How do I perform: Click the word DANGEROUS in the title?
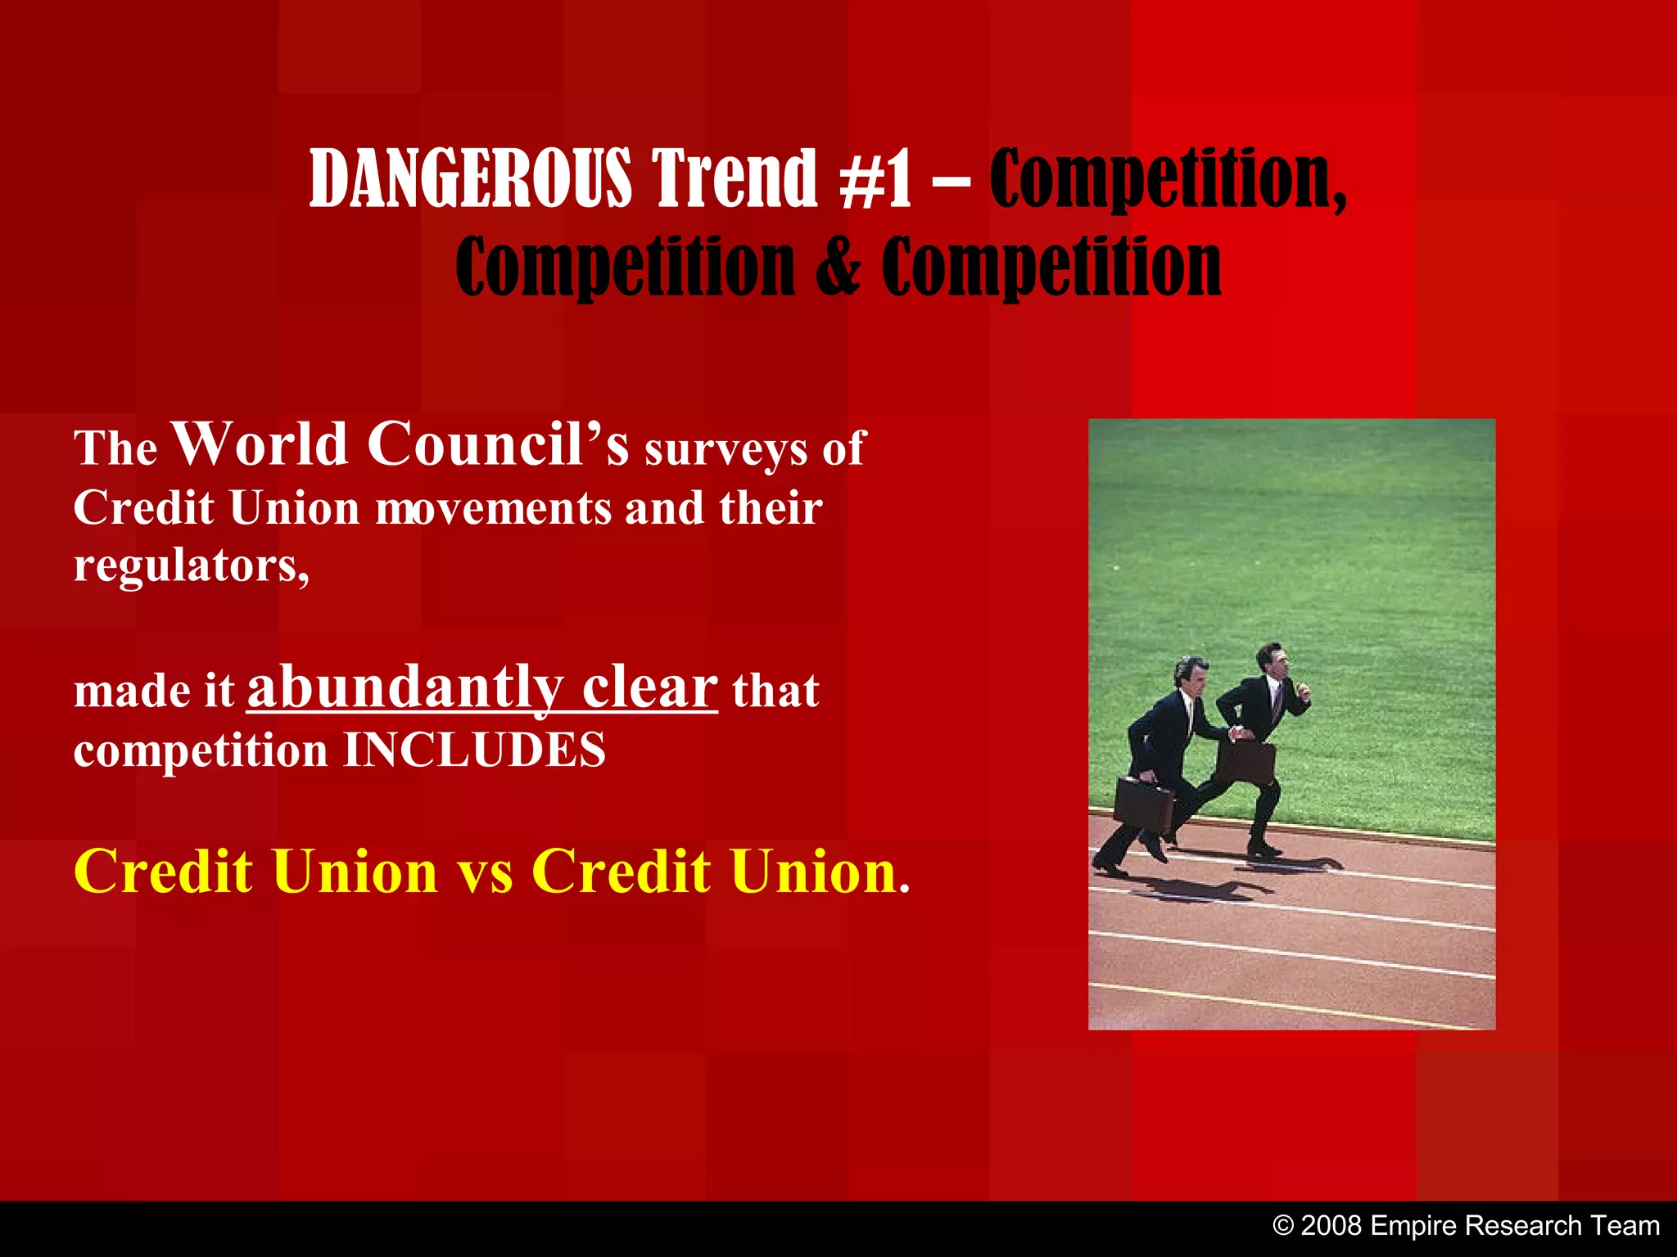tap(470, 178)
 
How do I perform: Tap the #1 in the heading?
tap(875, 178)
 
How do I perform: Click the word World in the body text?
tap(261, 444)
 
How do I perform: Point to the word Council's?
tap(498, 444)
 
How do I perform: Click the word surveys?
tap(725, 449)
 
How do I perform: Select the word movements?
tap(494, 508)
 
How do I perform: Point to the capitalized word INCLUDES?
tap(474, 750)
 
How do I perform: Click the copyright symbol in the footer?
tap(1283, 1226)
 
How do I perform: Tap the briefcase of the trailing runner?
tap(1144, 805)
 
